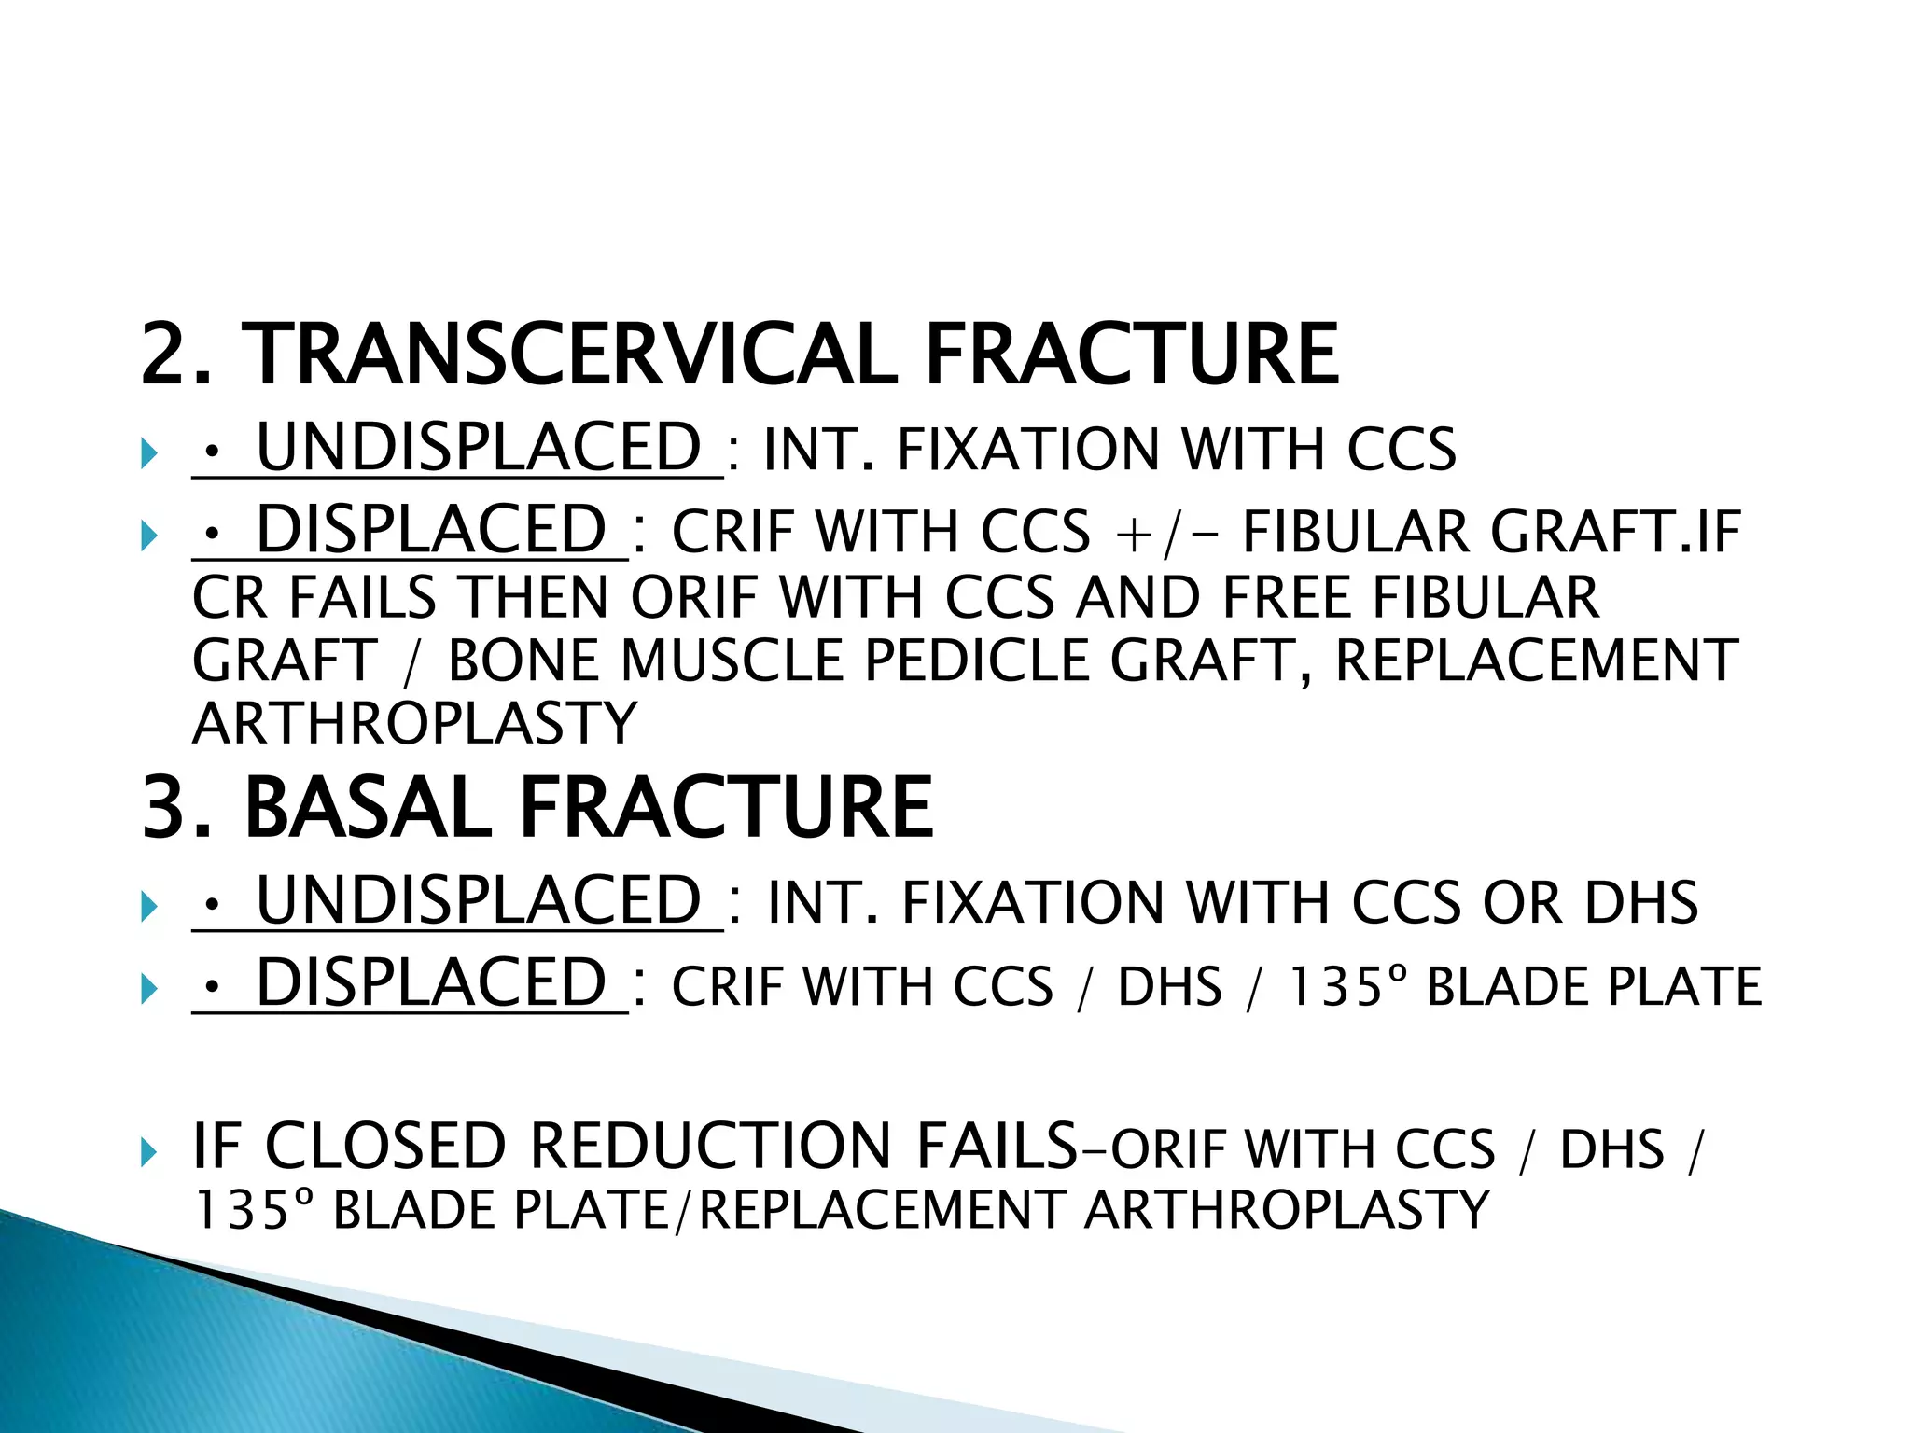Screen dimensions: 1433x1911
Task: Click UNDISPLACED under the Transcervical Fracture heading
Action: tap(478, 448)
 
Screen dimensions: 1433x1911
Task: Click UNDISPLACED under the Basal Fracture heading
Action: tap(478, 901)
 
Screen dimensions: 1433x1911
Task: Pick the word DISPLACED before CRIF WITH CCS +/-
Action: tap(431, 530)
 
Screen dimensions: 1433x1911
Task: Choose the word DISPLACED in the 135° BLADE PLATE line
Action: tap(431, 983)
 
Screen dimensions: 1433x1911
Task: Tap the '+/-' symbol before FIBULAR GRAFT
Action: tap(1166, 534)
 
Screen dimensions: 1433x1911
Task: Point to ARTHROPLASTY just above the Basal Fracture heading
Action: tap(414, 724)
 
